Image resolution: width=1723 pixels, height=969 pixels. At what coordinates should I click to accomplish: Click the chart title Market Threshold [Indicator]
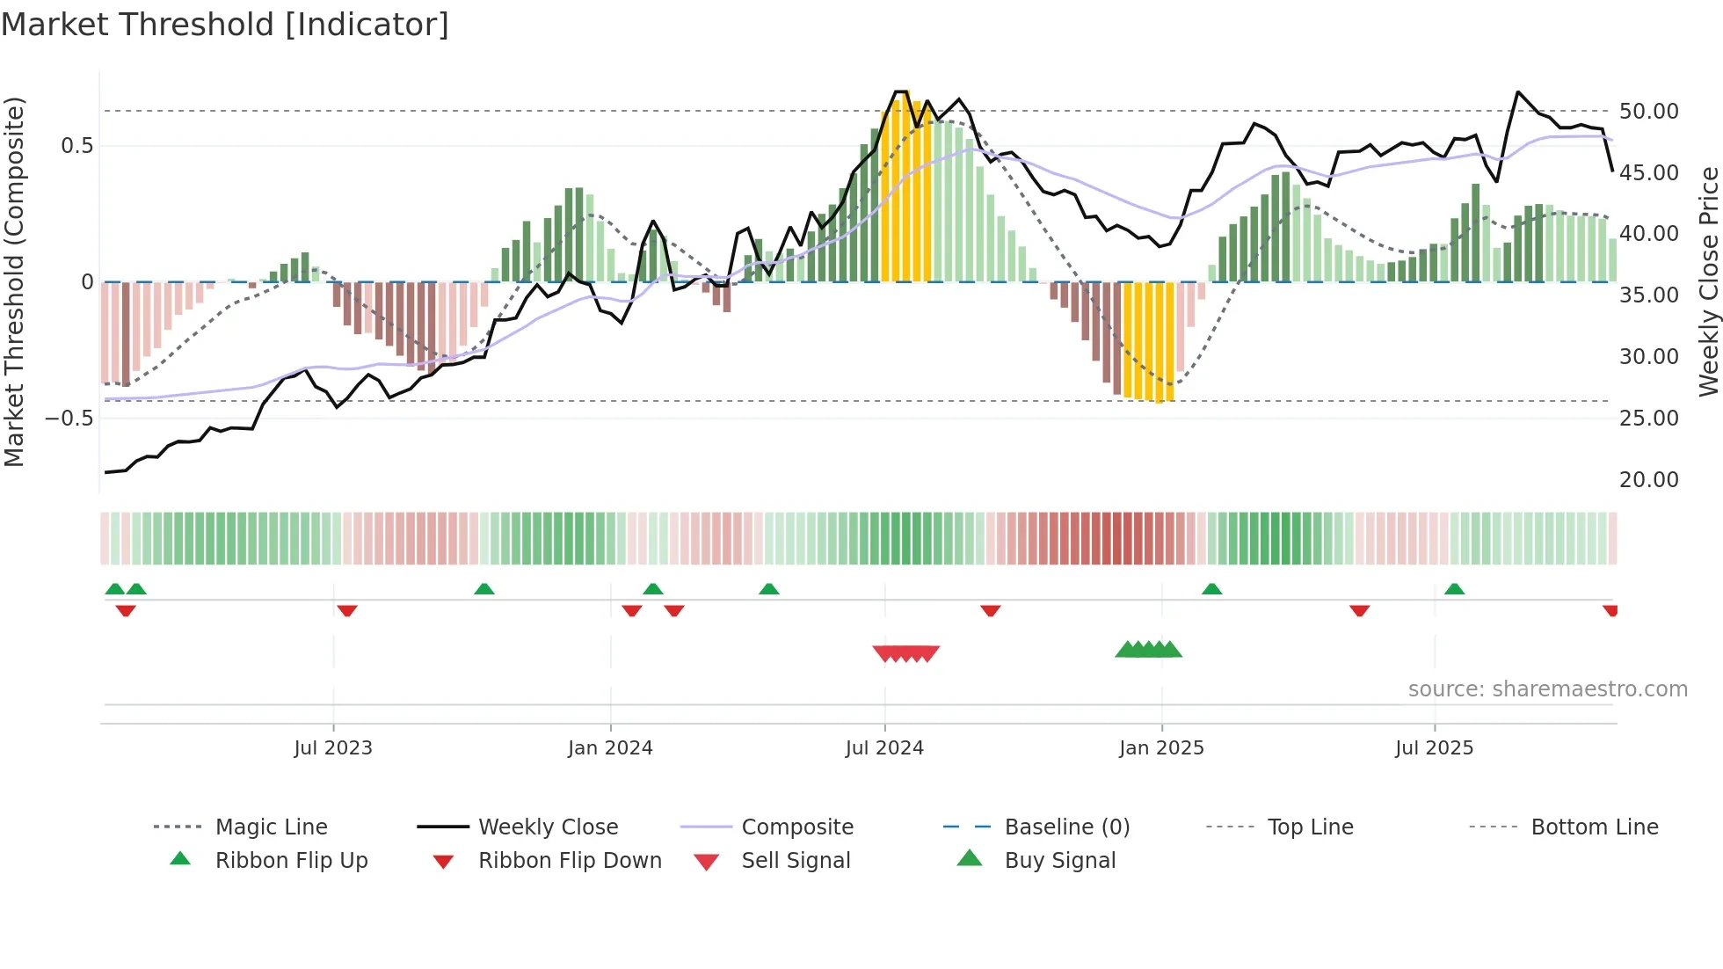point(225,25)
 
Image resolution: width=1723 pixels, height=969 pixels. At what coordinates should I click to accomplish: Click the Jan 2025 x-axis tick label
point(1161,748)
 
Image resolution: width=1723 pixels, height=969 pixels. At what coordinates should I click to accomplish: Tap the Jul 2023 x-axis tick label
point(333,748)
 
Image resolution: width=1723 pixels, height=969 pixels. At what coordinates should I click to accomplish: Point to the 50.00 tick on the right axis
point(1648,112)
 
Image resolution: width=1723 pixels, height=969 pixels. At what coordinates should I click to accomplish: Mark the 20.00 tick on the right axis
point(1648,480)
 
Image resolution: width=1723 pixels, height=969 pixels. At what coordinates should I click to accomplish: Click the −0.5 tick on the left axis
point(69,419)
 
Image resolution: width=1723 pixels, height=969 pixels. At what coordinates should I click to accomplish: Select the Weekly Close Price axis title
point(1708,281)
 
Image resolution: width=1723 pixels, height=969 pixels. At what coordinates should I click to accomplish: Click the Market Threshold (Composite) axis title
point(14,281)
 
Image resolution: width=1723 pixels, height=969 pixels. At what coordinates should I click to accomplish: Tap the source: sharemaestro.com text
point(1547,689)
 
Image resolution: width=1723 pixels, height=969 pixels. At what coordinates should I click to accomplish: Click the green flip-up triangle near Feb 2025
point(1212,589)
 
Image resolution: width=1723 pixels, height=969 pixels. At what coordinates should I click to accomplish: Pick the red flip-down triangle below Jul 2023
point(347,610)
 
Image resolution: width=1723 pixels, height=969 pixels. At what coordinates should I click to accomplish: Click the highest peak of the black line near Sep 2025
point(1518,91)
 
